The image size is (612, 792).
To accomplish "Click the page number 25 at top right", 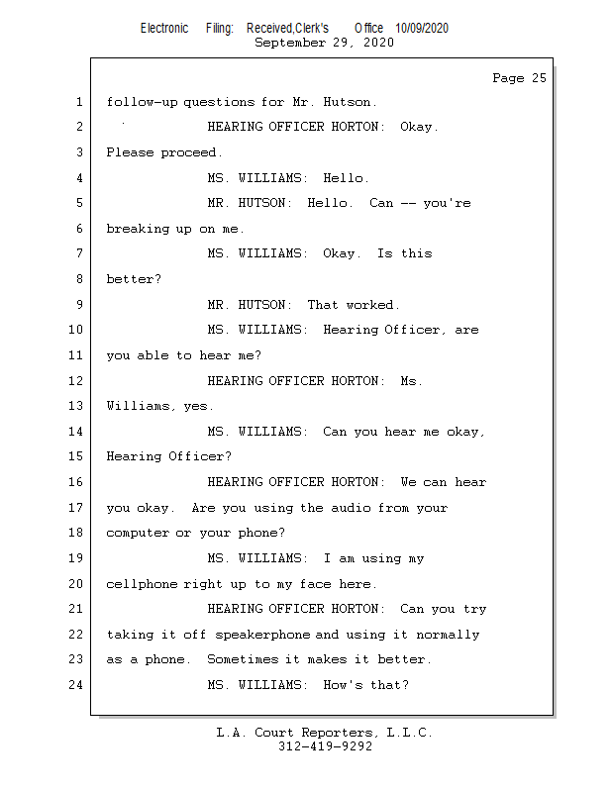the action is pyautogui.click(x=539, y=78).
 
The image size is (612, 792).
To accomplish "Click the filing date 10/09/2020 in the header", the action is pyautogui.click(x=422, y=29).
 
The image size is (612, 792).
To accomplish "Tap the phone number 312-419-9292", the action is pyautogui.click(x=325, y=746).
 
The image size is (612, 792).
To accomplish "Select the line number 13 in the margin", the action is pyautogui.click(x=76, y=406).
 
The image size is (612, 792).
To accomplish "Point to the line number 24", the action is pyautogui.click(x=76, y=685).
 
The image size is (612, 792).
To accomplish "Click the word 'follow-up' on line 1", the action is pyautogui.click(x=142, y=102).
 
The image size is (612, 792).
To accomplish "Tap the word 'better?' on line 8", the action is pyautogui.click(x=134, y=279).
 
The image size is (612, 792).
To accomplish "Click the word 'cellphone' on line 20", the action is pyautogui.click(x=142, y=584).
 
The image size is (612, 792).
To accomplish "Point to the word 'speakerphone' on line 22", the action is pyautogui.click(x=262, y=635).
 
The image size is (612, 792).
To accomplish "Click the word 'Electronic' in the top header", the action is pyautogui.click(x=164, y=29).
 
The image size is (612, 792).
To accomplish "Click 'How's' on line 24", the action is pyautogui.click(x=344, y=685).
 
